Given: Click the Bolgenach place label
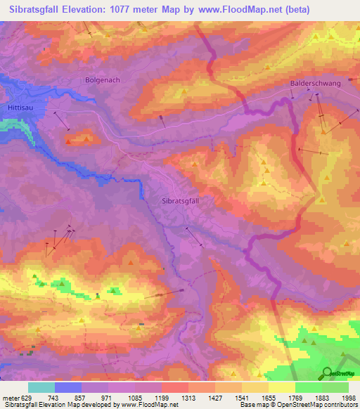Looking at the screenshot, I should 103,80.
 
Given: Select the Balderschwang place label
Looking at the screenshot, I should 315,83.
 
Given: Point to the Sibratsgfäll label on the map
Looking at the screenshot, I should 181,200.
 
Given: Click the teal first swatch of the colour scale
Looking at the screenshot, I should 41,387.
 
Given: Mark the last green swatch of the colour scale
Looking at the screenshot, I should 335,387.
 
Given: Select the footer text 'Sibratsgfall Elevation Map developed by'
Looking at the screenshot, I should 55,405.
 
